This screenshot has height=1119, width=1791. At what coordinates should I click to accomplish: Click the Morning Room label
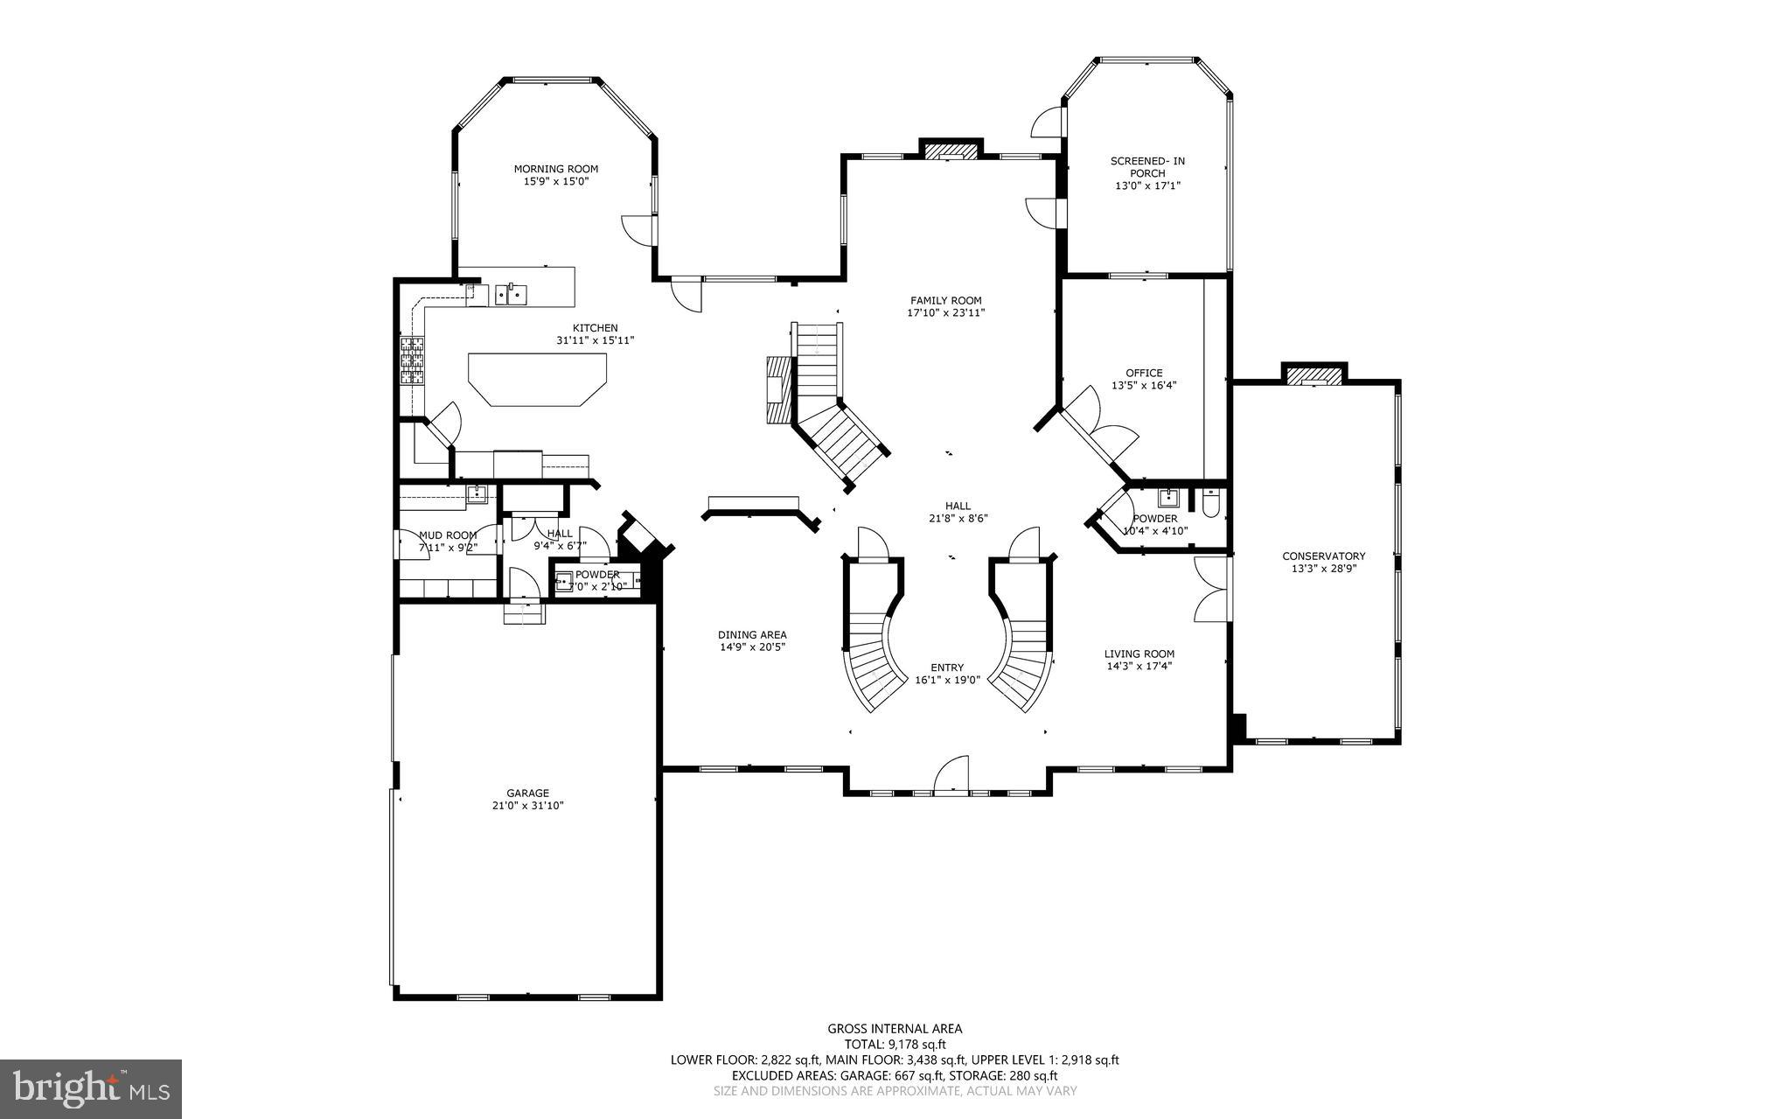pyautogui.click(x=555, y=169)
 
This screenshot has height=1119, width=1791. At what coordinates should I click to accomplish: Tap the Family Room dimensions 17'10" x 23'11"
pyautogui.click(x=945, y=312)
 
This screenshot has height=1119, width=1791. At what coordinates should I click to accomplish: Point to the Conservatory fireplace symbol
pyautogui.click(x=1314, y=375)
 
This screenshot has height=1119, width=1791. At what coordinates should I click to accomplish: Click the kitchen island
pyautogui.click(x=537, y=378)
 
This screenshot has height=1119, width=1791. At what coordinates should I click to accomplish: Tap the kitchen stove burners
pyautogui.click(x=412, y=361)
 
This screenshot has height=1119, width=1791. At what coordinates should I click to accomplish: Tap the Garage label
pyautogui.click(x=527, y=794)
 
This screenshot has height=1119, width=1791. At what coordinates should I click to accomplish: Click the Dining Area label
pyautogui.click(x=752, y=635)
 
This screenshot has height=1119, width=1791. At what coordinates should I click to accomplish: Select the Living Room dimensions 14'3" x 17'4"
pyautogui.click(x=1139, y=666)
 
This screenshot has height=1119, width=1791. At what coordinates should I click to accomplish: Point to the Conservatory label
pyautogui.click(x=1323, y=556)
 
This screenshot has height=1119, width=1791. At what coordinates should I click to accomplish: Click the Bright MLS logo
pyautogui.click(x=90, y=1088)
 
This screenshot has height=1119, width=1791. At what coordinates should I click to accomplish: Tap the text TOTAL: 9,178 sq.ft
pyautogui.click(x=895, y=1044)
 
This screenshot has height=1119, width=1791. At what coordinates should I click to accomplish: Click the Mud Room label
pyautogui.click(x=448, y=535)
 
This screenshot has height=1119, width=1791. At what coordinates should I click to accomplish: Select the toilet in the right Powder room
pyautogui.click(x=1211, y=502)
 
